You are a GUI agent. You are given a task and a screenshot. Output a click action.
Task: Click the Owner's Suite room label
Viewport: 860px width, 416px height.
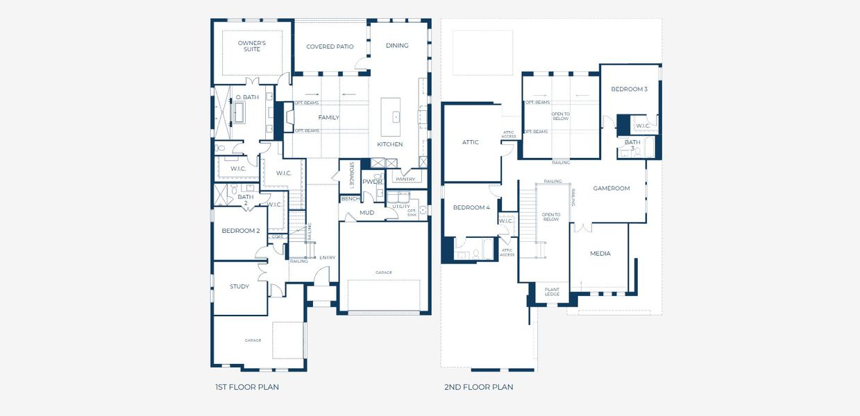tap(252, 46)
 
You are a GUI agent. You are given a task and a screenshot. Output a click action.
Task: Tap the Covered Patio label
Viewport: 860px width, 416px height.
tap(330, 46)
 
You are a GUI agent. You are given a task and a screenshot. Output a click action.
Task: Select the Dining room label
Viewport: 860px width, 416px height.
tap(397, 46)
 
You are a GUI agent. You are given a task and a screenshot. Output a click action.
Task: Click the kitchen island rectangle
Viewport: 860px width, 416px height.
tap(391, 117)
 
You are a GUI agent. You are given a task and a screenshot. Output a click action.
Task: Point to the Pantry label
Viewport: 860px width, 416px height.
tap(405, 179)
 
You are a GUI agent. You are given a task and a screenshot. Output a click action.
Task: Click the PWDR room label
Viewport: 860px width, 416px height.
tap(373, 182)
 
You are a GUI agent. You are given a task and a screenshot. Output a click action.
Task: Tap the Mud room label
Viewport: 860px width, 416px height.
tap(366, 212)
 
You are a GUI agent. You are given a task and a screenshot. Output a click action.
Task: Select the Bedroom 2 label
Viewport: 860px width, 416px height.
tap(240, 230)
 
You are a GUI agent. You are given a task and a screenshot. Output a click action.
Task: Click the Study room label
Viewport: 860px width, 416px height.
tap(239, 286)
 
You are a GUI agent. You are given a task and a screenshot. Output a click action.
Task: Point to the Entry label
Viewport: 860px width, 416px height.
tap(328, 258)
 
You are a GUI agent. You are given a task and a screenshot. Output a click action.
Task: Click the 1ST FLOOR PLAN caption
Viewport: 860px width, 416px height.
tap(247, 387)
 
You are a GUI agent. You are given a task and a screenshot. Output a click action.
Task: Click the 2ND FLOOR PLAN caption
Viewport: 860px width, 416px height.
tap(478, 387)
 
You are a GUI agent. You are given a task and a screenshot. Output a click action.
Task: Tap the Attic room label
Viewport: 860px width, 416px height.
tap(471, 142)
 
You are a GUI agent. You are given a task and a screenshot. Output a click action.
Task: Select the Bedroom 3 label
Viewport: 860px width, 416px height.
tap(629, 89)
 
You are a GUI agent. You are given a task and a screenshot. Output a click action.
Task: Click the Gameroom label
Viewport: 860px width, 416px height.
tap(611, 189)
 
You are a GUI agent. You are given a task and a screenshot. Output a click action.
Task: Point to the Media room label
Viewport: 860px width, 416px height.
tap(600, 254)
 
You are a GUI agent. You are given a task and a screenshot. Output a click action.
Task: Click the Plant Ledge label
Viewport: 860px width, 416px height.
tap(552, 292)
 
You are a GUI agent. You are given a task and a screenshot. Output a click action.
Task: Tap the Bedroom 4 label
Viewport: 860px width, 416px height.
tap(471, 208)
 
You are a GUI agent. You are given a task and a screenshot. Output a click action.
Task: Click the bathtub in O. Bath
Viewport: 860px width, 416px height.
tap(239, 112)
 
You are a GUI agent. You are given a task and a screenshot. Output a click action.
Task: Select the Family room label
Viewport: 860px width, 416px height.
tap(328, 117)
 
